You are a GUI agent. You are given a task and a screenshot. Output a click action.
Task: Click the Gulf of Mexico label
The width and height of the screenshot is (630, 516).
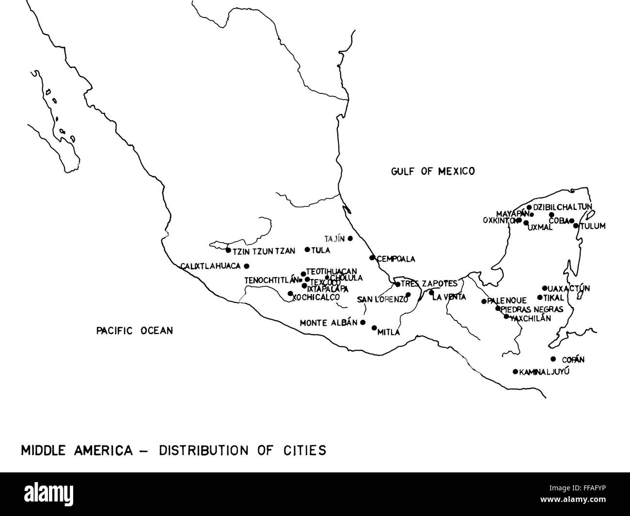(x=433, y=171)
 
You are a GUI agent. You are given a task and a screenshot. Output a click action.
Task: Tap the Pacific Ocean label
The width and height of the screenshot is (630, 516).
(x=134, y=331)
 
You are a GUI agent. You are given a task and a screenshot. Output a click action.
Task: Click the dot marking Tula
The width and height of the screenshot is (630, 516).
(x=307, y=250)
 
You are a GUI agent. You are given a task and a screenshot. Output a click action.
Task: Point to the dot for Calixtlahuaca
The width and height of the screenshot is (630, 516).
(x=247, y=266)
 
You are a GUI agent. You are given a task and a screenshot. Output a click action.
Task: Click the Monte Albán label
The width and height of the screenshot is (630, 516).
(x=329, y=322)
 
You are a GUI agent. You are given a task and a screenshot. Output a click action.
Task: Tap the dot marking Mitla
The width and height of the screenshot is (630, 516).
(x=374, y=328)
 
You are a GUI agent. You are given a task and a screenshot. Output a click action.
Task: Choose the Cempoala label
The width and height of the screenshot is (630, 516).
(x=396, y=259)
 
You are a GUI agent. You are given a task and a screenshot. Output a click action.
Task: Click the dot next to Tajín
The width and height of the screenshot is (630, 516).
(x=350, y=238)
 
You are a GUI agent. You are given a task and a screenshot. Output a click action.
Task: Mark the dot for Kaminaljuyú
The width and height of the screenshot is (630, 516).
(x=515, y=372)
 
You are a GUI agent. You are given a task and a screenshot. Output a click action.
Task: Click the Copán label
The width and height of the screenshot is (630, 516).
(x=573, y=360)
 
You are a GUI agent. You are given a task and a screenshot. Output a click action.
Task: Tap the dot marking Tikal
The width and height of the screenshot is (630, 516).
(x=540, y=297)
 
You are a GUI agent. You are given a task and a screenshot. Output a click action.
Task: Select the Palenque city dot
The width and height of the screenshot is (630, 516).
(x=484, y=301)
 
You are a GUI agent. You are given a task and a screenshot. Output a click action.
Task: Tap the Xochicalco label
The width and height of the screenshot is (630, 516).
(x=316, y=297)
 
